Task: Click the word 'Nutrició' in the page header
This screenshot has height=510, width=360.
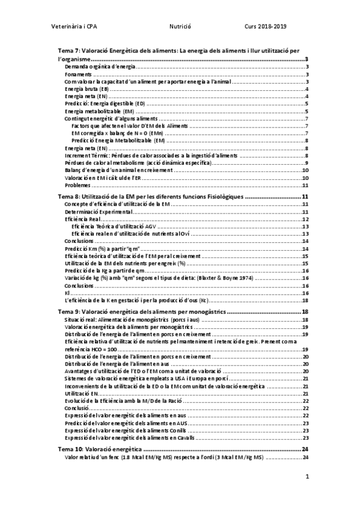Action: click(180, 27)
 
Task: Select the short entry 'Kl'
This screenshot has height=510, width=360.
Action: click(67, 293)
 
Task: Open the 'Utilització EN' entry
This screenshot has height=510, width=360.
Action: click(81, 393)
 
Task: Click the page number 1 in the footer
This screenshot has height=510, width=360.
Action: click(307, 477)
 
